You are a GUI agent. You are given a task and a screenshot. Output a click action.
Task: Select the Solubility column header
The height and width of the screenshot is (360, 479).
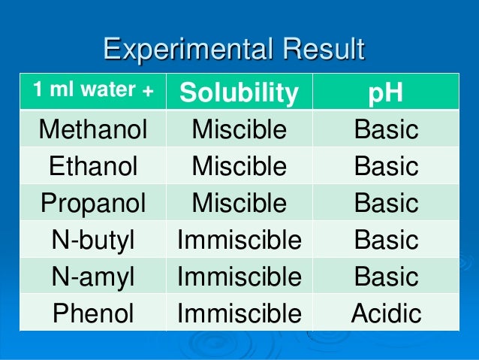click(x=239, y=92)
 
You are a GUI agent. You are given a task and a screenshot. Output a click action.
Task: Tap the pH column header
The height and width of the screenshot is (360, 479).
click(x=385, y=92)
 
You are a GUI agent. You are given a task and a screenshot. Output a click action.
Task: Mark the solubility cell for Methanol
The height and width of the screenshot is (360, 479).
click(x=239, y=130)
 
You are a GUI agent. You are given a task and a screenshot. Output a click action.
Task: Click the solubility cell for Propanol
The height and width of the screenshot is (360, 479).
click(x=239, y=204)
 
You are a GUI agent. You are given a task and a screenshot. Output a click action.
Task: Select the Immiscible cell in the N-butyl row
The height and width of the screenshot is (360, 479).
click(x=239, y=241)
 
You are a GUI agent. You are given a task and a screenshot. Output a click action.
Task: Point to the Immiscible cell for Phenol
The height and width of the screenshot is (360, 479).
click(x=239, y=313)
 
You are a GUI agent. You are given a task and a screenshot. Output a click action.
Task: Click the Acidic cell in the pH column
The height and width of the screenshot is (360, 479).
click(x=386, y=313)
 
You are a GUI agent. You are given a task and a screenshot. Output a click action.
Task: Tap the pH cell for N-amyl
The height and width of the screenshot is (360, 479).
click(x=386, y=277)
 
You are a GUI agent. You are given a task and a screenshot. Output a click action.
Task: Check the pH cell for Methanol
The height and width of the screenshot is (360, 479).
click(x=386, y=130)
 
